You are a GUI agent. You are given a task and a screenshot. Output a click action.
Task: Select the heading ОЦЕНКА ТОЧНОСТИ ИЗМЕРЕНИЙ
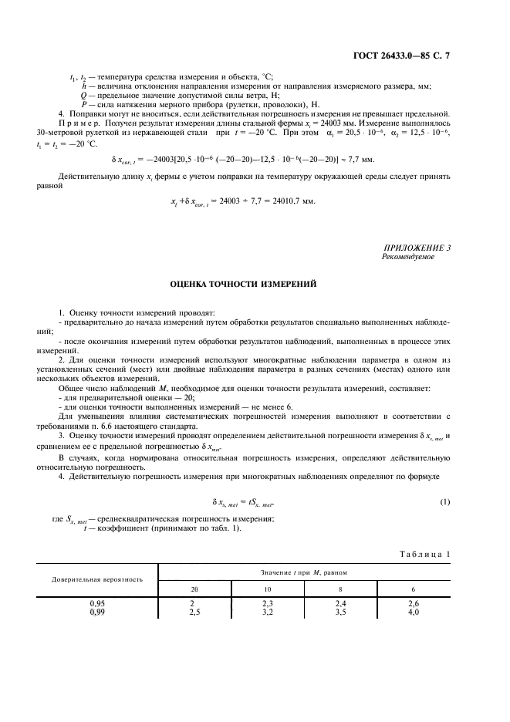(255, 283)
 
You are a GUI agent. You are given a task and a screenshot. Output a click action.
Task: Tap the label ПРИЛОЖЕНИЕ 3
(416, 248)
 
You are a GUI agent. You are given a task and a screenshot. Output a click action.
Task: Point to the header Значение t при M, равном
(304, 572)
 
